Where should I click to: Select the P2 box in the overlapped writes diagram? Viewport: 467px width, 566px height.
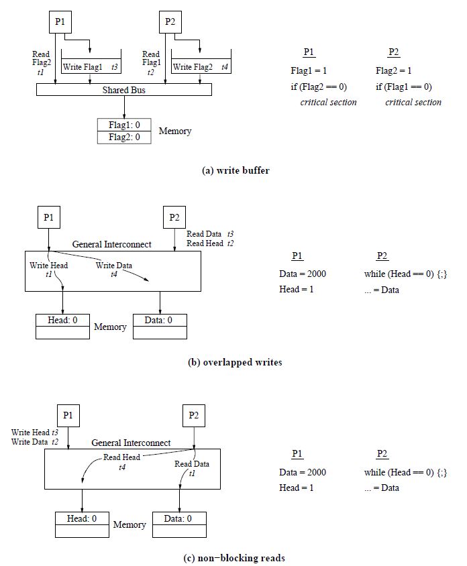(174, 217)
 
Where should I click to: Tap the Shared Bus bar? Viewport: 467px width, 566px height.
(123, 90)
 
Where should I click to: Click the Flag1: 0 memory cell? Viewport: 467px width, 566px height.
(124, 125)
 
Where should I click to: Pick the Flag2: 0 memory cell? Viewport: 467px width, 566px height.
(124, 137)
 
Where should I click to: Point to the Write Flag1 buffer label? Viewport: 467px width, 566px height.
(83, 67)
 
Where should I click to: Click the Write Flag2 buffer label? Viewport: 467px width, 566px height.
(193, 67)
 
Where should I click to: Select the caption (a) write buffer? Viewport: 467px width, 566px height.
(236, 170)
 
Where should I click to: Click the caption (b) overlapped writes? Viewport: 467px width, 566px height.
(235, 362)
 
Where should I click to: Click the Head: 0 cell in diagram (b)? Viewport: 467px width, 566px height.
(62, 320)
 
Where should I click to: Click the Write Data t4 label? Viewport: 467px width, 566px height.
(113, 270)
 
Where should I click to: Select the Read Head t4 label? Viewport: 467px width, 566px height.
(121, 462)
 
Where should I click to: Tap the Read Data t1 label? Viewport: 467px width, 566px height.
(192, 468)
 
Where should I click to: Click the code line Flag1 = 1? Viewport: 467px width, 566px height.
(308, 70)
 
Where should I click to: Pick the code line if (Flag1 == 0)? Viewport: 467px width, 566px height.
(403, 87)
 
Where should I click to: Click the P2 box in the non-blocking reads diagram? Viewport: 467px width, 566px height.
(194, 414)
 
